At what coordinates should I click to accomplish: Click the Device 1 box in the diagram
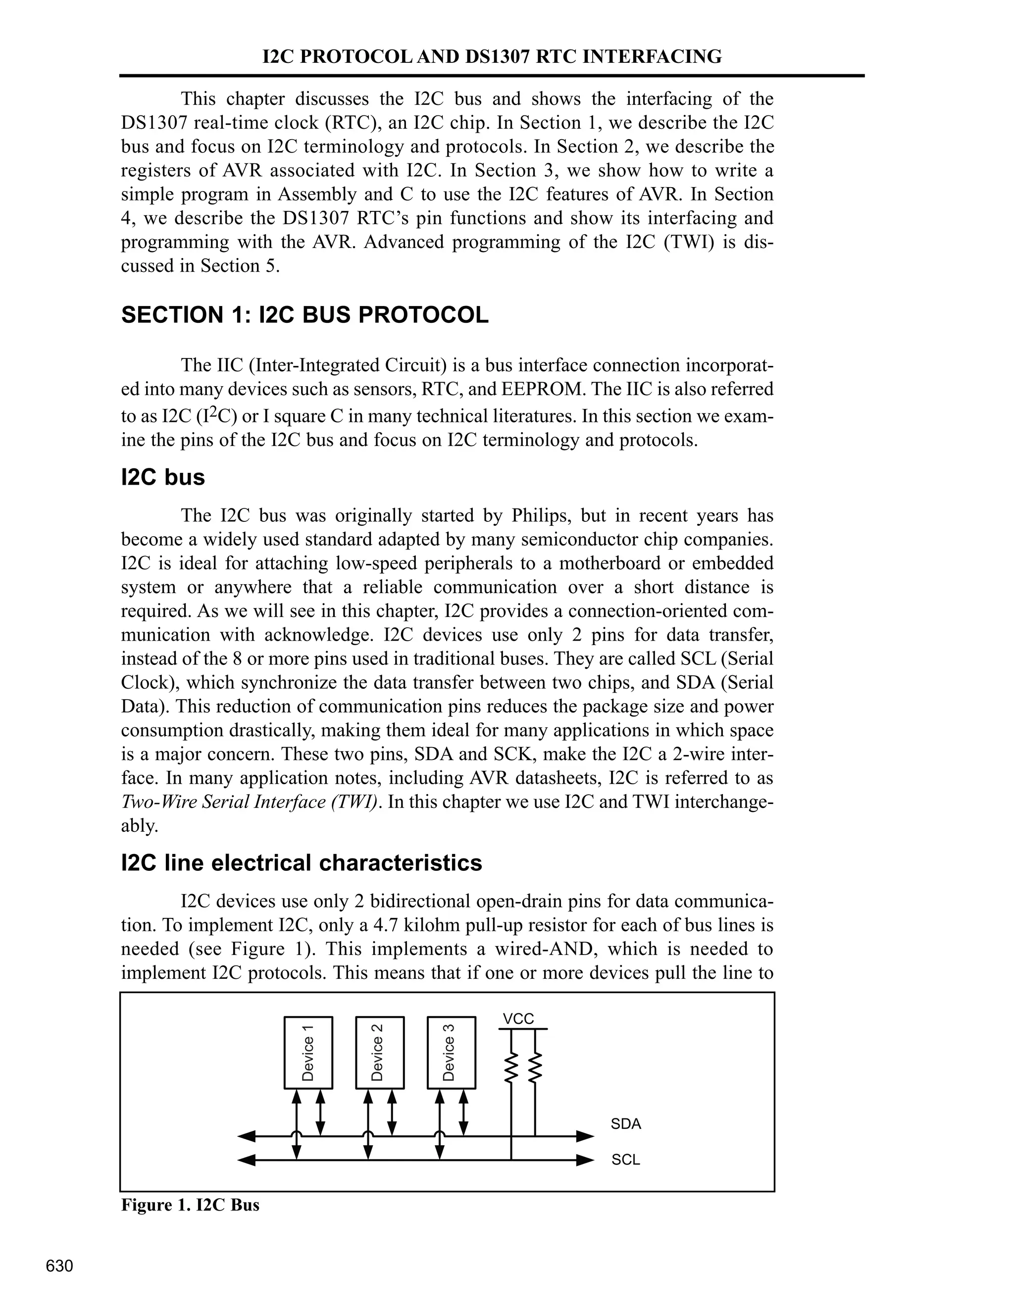click(307, 1052)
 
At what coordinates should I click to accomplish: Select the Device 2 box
click(380, 1052)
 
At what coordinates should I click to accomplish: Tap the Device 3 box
click(451, 1052)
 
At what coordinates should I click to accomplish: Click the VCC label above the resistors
click(518, 1019)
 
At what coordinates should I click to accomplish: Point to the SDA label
click(625, 1124)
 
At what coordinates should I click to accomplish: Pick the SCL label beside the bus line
click(625, 1160)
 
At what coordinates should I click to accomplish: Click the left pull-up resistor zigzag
click(511, 1067)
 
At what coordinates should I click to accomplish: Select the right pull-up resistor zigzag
click(535, 1067)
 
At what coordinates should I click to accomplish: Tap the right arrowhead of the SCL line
click(585, 1160)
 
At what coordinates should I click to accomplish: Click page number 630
click(59, 1266)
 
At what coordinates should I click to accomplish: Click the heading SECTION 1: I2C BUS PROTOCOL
click(304, 315)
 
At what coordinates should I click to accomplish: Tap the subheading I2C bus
click(163, 478)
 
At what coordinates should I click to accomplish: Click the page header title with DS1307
click(492, 56)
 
